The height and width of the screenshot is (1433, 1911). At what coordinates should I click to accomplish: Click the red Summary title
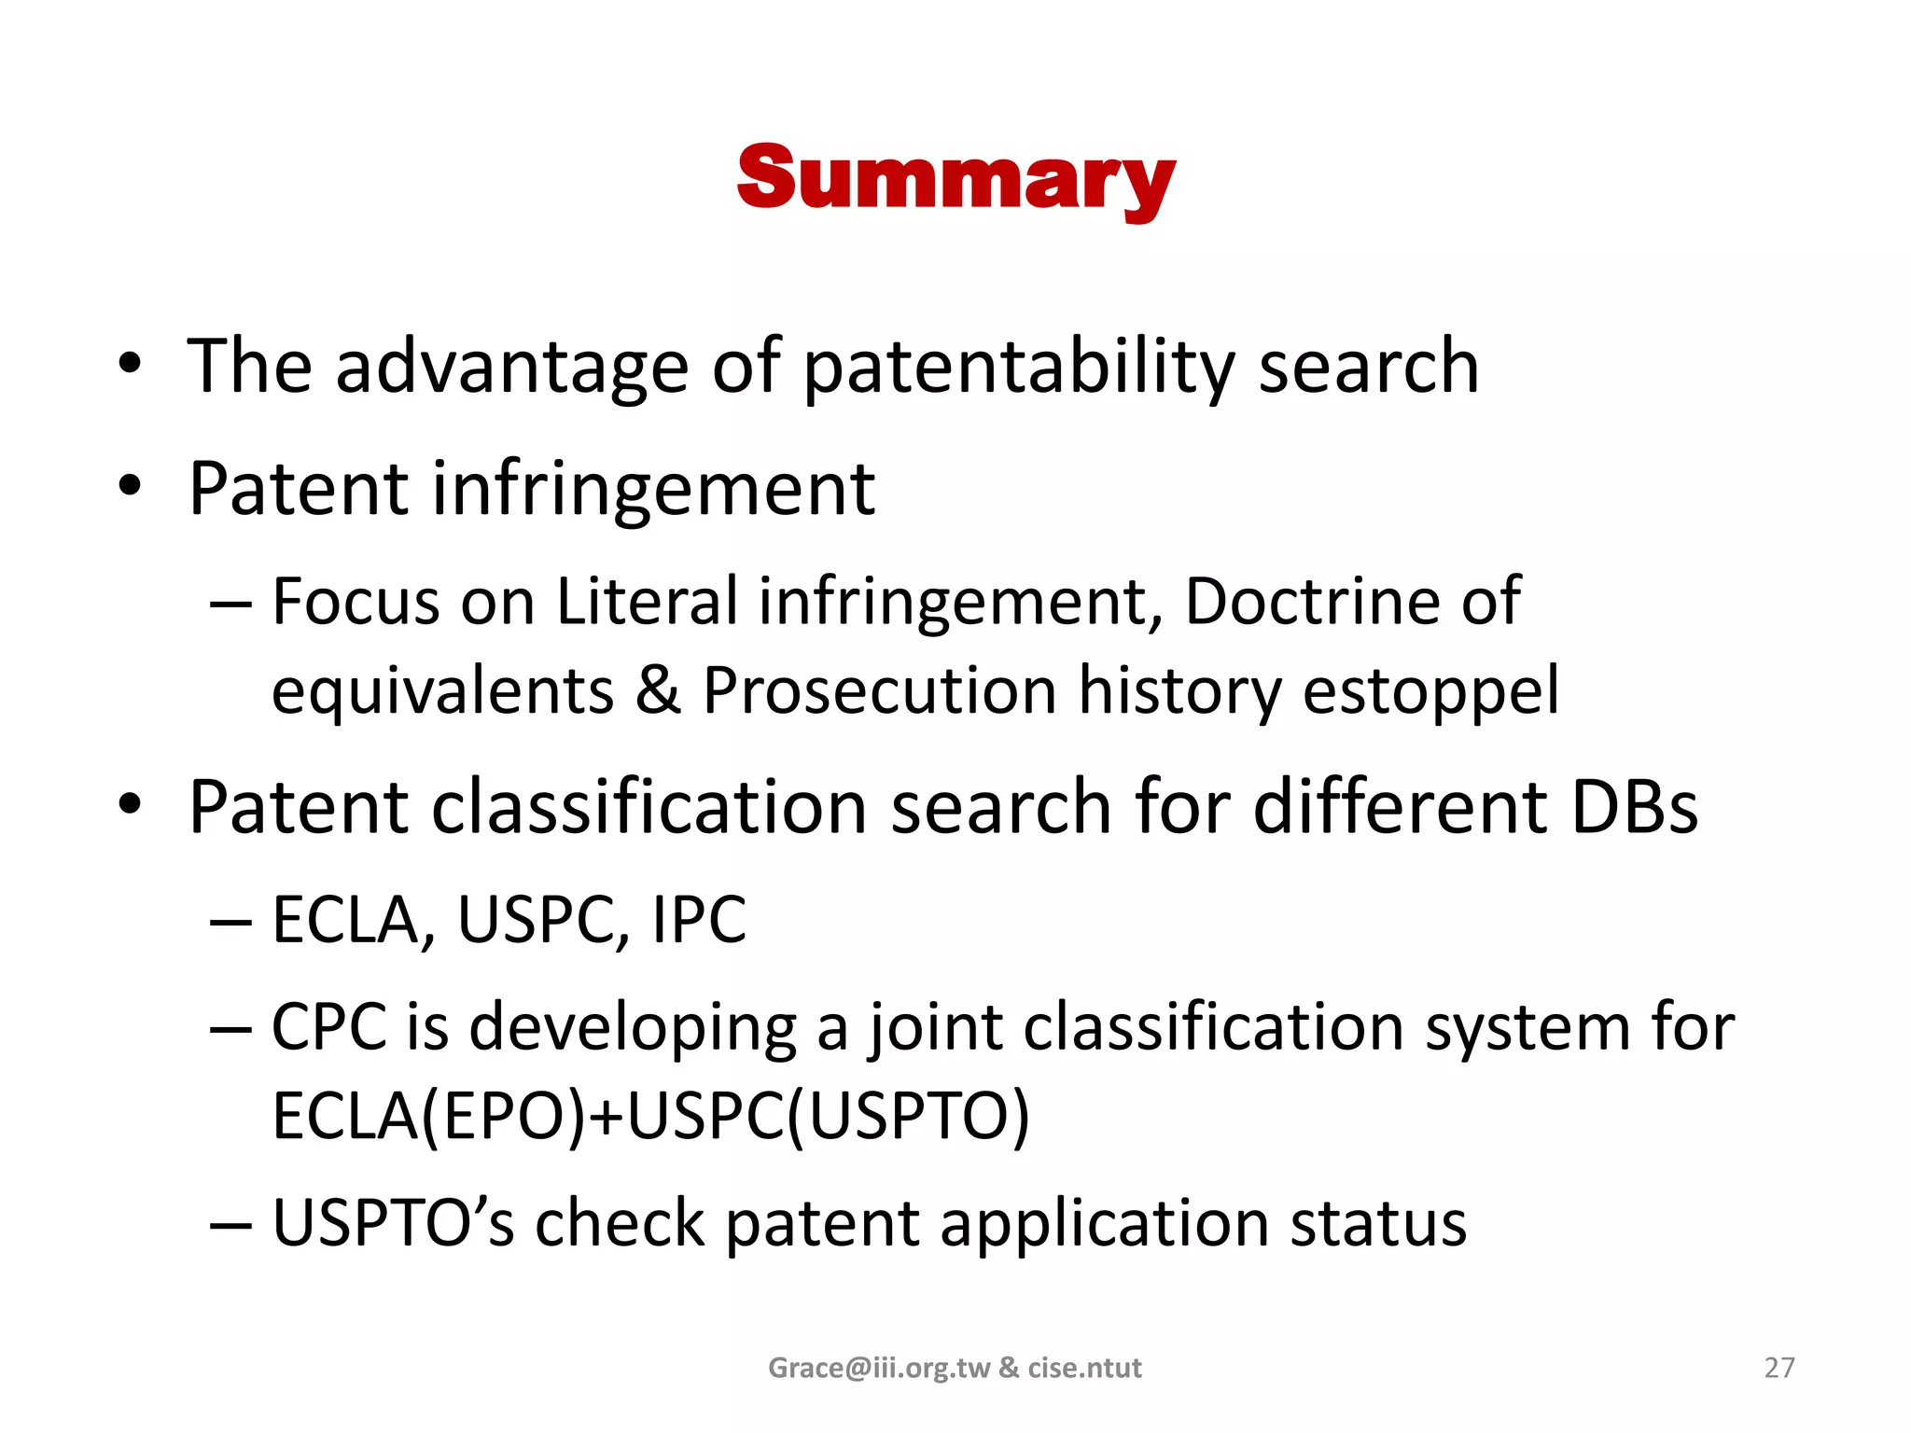click(955, 179)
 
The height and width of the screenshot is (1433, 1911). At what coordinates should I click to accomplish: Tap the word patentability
click(1019, 367)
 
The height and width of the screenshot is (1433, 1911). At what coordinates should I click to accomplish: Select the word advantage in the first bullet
click(511, 367)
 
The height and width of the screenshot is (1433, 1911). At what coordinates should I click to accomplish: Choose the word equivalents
click(442, 691)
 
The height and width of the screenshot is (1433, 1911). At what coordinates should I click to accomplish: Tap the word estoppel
click(1430, 691)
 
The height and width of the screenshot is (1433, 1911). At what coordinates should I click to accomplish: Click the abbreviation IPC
click(699, 921)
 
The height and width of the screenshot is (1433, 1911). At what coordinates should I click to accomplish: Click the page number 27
click(1778, 1368)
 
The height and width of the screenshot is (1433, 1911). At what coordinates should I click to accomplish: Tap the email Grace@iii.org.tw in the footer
click(879, 1368)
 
